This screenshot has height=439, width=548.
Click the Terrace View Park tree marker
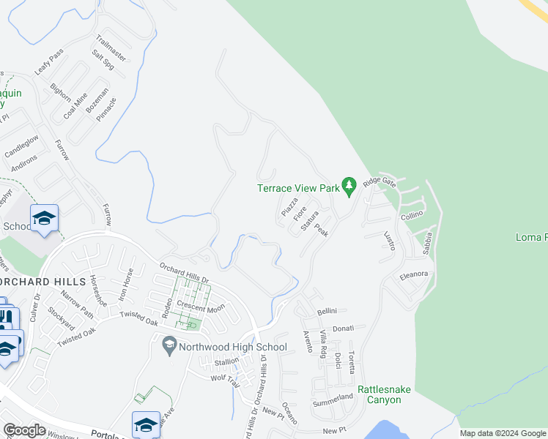349,187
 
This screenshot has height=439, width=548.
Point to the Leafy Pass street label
49,64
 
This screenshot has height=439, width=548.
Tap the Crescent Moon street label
199,309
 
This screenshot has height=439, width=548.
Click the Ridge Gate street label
379,181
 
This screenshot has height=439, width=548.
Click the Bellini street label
326,312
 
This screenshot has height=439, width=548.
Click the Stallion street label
226,361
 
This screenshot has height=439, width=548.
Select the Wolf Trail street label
226,379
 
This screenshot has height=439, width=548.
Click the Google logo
24,429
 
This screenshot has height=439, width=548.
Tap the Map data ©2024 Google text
503,433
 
